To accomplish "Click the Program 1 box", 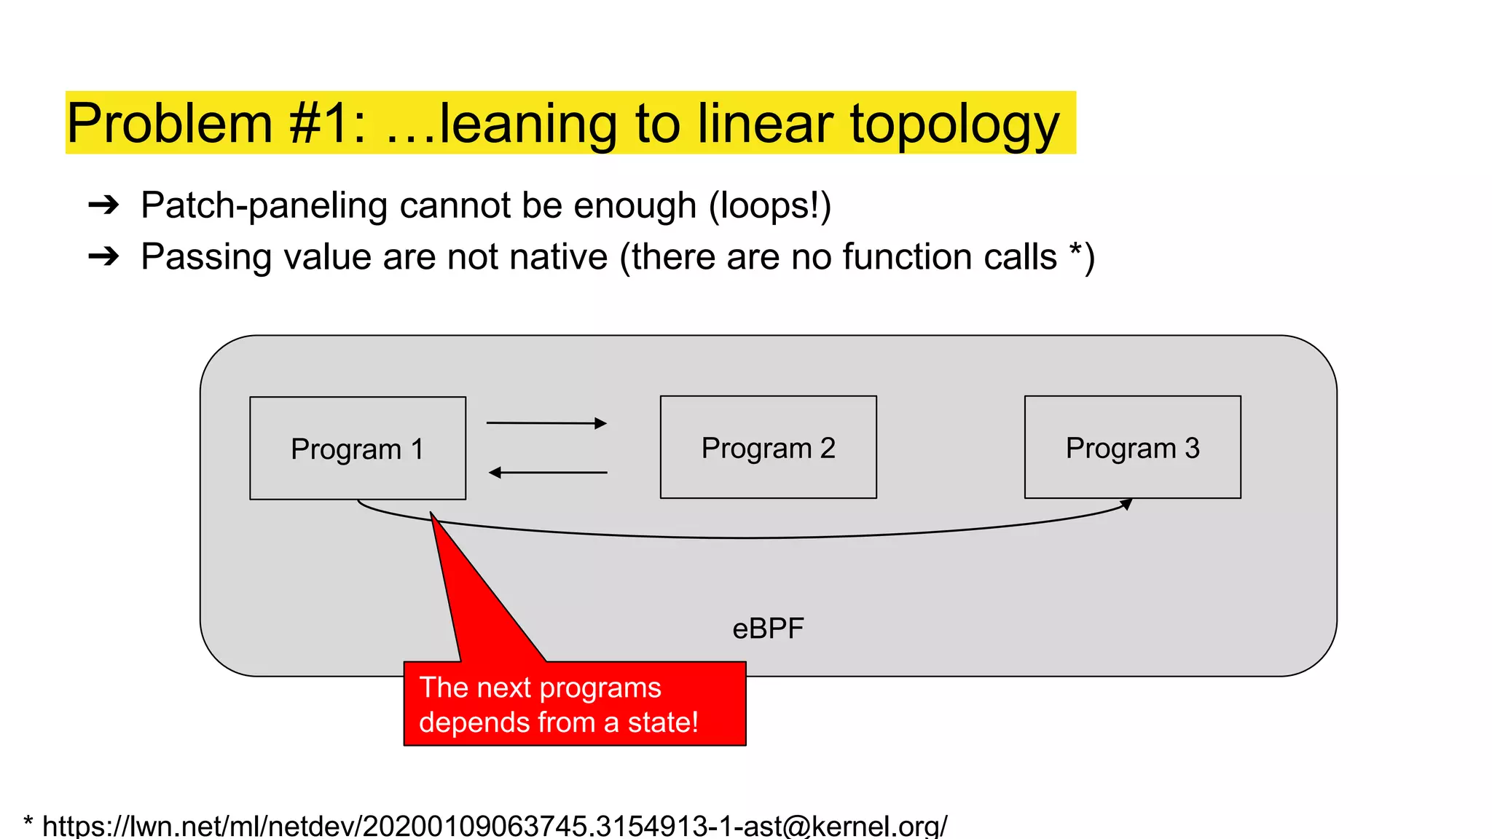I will (x=357, y=449).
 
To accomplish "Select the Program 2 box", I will (x=768, y=447).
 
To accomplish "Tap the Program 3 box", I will (x=1132, y=447).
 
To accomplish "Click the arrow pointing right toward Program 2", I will (x=546, y=423).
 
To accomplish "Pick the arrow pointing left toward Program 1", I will (x=548, y=473).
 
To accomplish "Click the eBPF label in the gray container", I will (x=768, y=629).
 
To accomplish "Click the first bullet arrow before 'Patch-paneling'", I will (x=103, y=205).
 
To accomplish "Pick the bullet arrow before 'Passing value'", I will (x=103, y=256).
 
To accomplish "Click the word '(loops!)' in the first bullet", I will (x=770, y=206).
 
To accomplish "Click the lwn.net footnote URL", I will (x=495, y=826).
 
